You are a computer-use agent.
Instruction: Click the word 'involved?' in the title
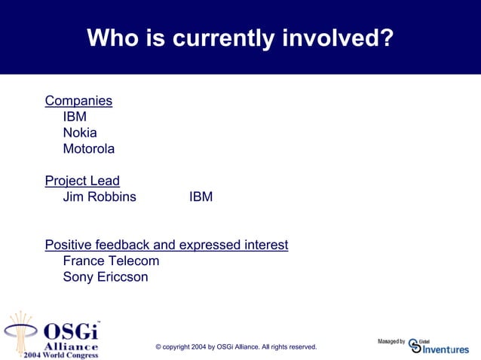pyautogui.click(x=337, y=38)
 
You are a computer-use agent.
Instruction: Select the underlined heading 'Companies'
pyautogui.click(x=78, y=100)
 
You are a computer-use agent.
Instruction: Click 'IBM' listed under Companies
pyautogui.click(x=75, y=117)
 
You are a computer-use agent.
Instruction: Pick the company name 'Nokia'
pyautogui.click(x=80, y=133)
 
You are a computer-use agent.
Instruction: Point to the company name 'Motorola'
pyautogui.click(x=88, y=148)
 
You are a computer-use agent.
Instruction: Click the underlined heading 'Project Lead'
pyautogui.click(x=82, y=181)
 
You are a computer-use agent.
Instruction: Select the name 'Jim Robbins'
pyautogui.click(x=100, y=197)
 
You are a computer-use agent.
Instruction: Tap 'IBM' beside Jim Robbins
pyautogui.click(x=201, y=197)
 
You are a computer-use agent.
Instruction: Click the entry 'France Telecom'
pyautogui.click(x=111, y=261)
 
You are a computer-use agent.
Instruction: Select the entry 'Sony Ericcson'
pyautogui.click(x=106, y=276)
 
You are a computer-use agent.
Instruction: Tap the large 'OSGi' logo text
pyautogui.click(x=70, y=331)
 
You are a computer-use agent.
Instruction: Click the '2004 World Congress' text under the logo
pyautogui.click(x=60, y=354)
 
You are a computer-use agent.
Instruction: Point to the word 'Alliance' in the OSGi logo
pyautogui.click(x=71, y=345)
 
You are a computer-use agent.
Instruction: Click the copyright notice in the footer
pyautogui.click(x=236, y=346)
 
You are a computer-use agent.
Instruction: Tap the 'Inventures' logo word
pyautogui.click(x=446, y=349)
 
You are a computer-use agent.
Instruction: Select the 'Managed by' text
pyautogui.click(x=391, y=342)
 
